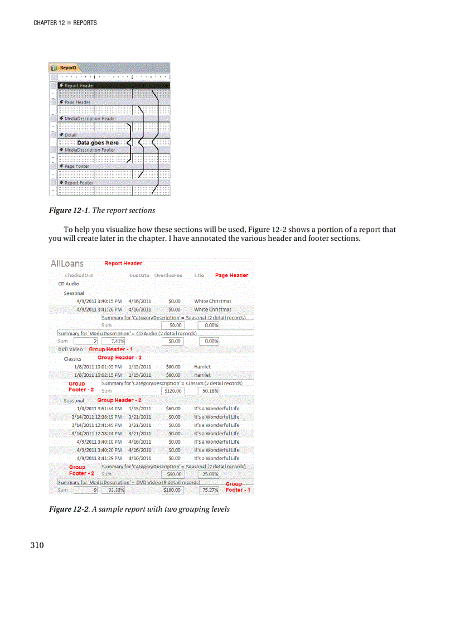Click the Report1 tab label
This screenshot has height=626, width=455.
pos(70,67)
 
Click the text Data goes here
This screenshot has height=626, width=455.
pos(98,143)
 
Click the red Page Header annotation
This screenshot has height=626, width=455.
pos(231,275)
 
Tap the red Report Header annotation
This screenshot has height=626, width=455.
pos(123,263)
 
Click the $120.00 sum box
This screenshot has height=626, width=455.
pos(172,391)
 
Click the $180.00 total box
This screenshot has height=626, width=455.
pos(172,491)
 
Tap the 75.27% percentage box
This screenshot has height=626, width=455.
pos(210,491)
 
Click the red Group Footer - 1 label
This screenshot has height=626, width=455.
pos(238,487)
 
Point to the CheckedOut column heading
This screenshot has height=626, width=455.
pos(79,275)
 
